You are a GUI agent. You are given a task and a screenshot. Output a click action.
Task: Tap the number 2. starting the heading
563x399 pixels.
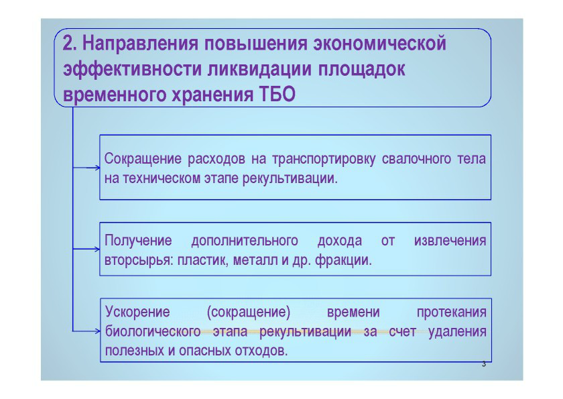[69, 43]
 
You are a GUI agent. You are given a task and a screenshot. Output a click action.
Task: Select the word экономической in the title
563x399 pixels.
[380, 43]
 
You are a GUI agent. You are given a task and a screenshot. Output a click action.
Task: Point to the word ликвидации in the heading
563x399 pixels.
[259, 69]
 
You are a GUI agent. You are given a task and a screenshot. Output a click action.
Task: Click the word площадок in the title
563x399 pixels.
[361, 69]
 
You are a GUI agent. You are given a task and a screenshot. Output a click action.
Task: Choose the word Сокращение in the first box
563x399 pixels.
[143, 159]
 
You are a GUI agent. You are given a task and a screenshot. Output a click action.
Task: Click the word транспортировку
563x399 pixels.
[324, 159]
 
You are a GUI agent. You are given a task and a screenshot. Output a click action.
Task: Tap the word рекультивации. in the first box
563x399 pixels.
[290, 178]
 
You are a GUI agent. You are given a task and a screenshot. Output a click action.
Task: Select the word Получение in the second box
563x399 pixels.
[138, 241]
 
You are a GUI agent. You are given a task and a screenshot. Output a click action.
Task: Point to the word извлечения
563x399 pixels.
[450, 241]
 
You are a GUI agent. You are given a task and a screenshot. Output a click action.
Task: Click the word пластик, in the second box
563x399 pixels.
[203, 260]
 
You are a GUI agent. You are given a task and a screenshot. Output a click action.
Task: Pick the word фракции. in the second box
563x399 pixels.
[343, 260]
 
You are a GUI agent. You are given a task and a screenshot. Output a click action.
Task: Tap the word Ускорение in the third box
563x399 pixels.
[137, 312]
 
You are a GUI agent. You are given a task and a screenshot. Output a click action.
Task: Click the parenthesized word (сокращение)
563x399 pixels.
[249, 312]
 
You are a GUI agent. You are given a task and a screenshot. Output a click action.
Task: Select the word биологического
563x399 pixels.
[153, 331]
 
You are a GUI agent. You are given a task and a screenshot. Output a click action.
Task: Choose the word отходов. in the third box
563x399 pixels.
[261, 351]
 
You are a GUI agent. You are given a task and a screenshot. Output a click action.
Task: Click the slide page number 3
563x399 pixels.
[484, 364]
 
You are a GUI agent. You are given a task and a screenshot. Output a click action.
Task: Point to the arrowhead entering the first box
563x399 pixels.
[98, 168]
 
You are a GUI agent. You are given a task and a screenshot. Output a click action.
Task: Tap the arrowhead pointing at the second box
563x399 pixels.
[98, 249]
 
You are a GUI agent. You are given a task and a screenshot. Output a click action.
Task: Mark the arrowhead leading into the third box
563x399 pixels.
[98, 331]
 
